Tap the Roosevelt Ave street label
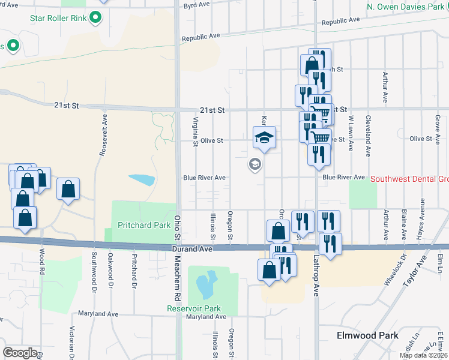(x=103, y=136)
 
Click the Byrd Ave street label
(x=196, y=5)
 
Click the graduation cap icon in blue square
(x=264, y=139)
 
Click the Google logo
(x=20, y=353)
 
